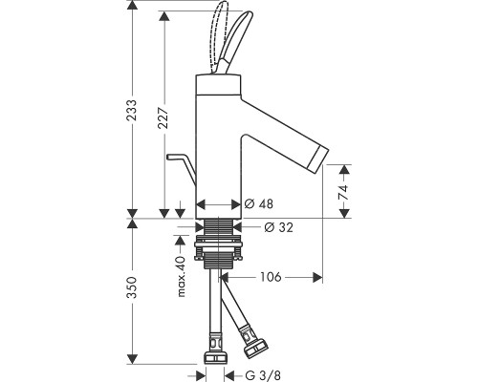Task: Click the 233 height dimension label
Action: pos(132,110)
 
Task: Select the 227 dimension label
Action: pos(163,117)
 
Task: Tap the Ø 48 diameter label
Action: pos(259,203)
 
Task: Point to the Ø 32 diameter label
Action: pos(278,227)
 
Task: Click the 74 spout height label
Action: pos(343,192)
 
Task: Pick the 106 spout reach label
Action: pos(271,277)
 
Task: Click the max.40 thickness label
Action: pos(181,276)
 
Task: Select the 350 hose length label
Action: pos(132,287)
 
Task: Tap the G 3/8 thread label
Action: pos(263,375)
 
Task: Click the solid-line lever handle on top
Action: pos(235,41)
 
